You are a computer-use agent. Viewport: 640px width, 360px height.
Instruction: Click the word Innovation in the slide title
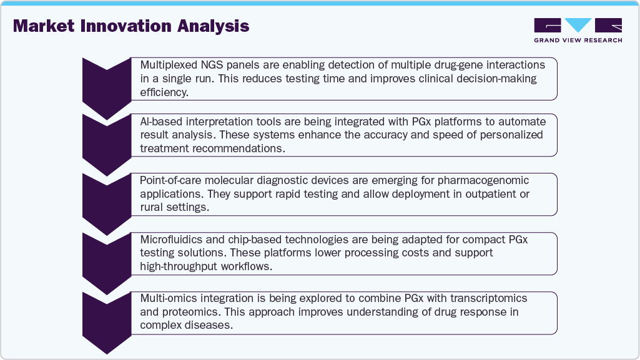[x=126, y=26]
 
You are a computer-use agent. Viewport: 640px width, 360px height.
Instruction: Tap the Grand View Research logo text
[x=578, y=40]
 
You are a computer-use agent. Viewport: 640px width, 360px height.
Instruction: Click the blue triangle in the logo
[x=578, y=25]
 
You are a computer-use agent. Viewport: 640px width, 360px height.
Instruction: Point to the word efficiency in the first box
[x=164, y=92]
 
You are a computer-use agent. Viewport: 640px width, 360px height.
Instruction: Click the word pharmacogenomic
[x=483, y=180]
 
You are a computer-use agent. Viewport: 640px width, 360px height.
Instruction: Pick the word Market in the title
[x=44, y=26]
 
